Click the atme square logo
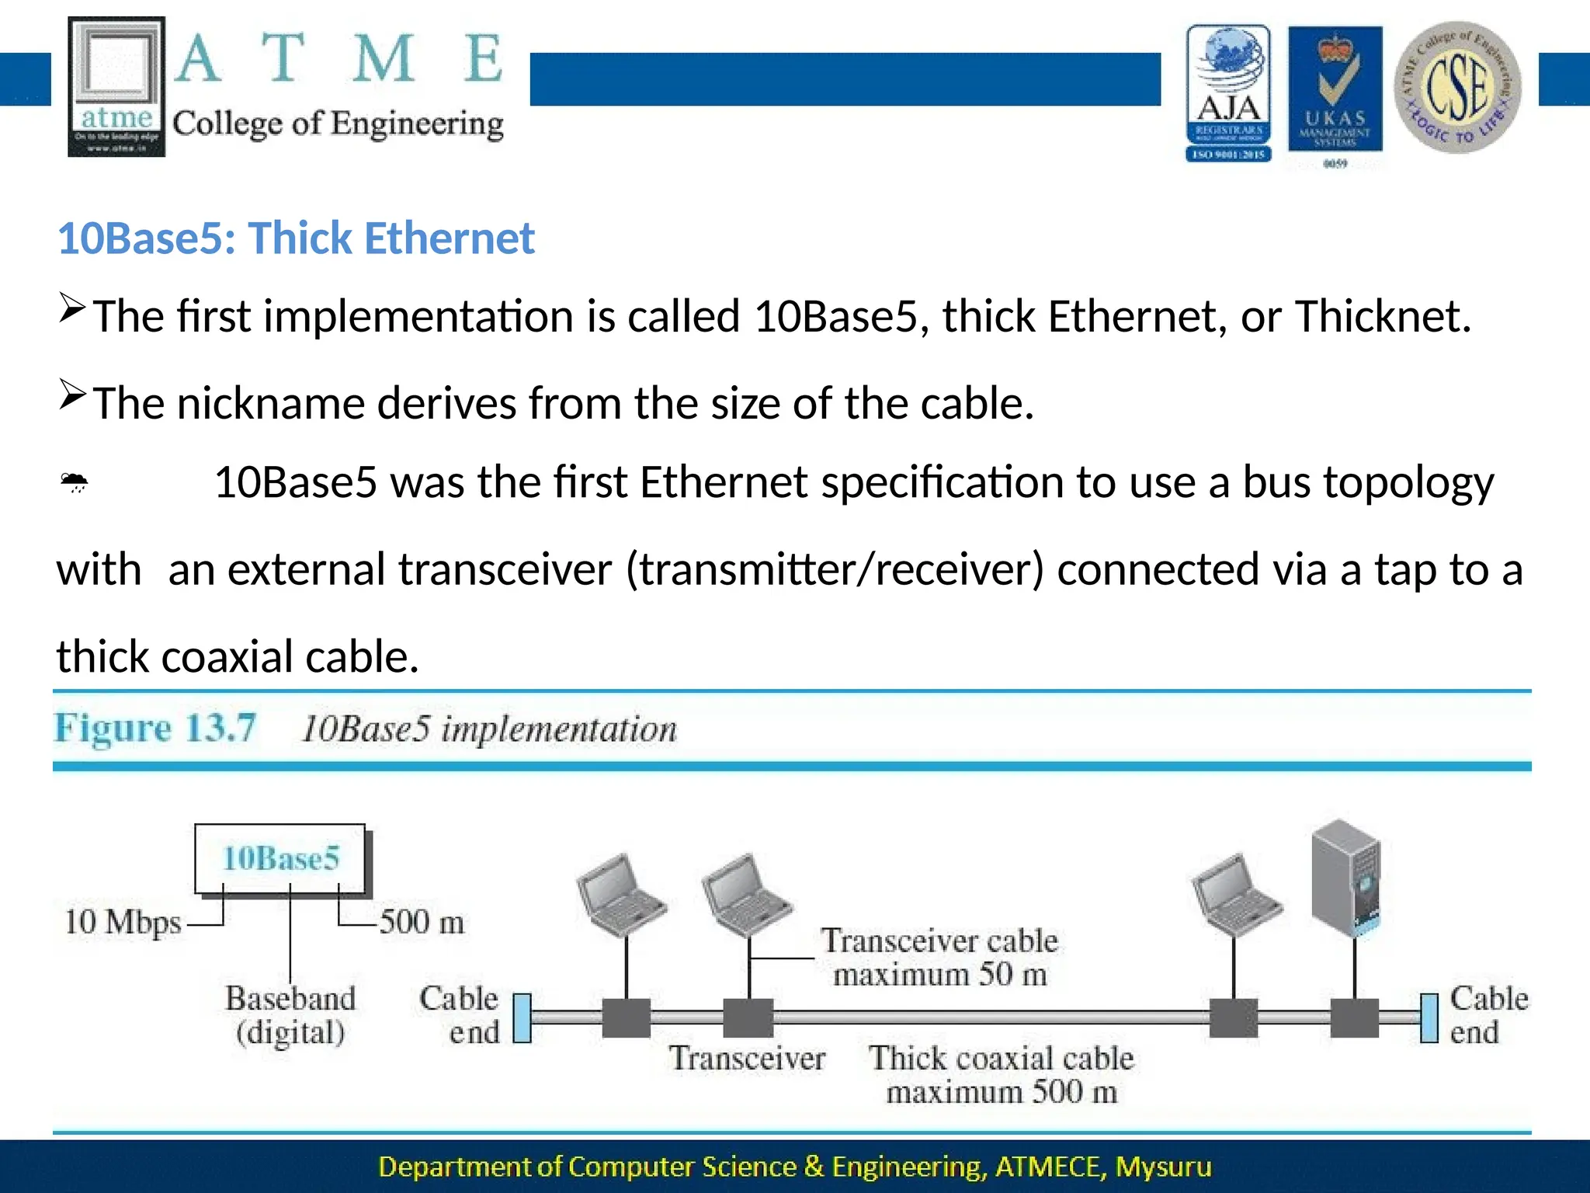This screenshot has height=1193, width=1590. pos(116,86)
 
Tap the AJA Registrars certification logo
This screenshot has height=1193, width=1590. pos(1228,92)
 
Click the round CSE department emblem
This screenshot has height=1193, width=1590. pos(1457,87)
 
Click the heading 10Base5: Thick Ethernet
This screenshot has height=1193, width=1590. pos(296,238)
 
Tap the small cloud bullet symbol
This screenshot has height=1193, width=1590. pos(75,483)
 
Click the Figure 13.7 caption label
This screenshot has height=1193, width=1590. pos(154,729)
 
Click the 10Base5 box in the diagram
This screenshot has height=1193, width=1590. pos(280,858)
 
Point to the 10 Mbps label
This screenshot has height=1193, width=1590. pos(122,923)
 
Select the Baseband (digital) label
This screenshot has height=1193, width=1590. pos(290,1015)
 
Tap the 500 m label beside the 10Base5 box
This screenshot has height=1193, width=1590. pos(422,923)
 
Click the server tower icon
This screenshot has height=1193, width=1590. pos(1345,878)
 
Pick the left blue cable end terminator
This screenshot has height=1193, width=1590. pos(522,1017)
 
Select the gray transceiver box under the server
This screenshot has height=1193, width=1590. pos(1354,1018)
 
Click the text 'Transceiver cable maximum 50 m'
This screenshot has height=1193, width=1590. pos(939,957)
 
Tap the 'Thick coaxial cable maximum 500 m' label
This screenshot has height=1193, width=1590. pos(1001,1075)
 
